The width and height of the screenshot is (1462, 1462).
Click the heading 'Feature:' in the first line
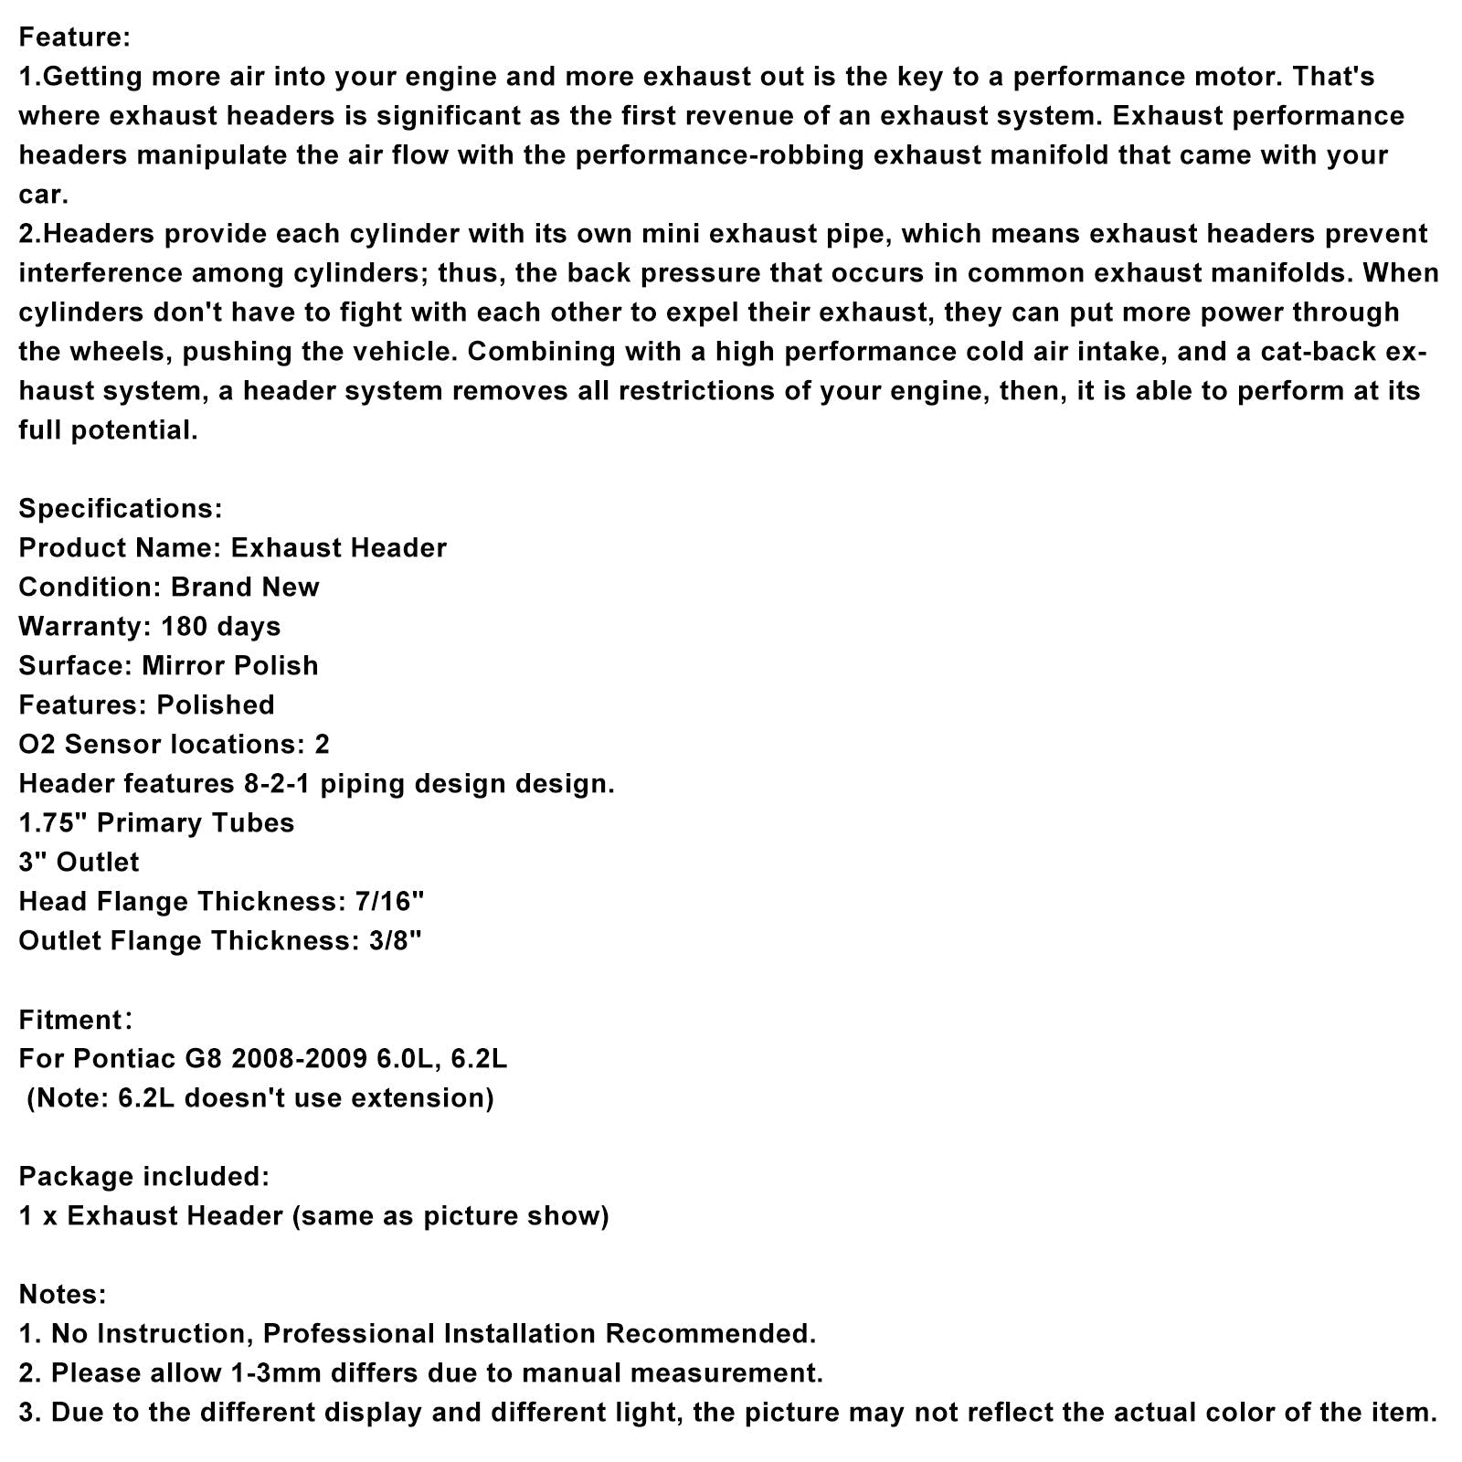click(75, 37)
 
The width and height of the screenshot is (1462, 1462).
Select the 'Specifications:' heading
click(120, 508)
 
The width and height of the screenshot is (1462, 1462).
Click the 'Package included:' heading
click(144, 1176)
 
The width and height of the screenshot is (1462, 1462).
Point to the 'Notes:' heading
click(62, 1294)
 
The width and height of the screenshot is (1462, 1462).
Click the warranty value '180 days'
click(220, 626)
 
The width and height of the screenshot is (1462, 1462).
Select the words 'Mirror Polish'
click(229, 665)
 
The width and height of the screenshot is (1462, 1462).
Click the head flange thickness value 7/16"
click(388, 901)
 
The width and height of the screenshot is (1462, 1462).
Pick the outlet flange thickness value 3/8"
click(387, 940)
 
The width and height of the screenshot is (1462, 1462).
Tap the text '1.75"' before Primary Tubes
click(53, 822)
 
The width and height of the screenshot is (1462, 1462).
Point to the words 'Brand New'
click(245, 587)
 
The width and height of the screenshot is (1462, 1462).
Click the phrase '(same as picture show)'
click(450, 1215)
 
